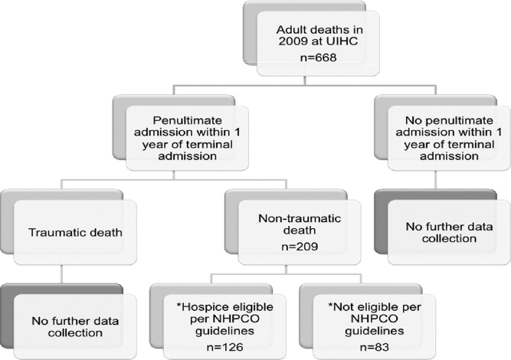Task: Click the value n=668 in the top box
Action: click(x=318, y=57)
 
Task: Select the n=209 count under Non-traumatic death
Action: click(x=300, y=247)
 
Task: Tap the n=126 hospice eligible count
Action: click(x=225, y=347)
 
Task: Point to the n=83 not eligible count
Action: click(x=374, y=347)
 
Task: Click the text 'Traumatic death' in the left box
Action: click(x=75, y=233)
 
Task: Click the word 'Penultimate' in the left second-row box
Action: click(x=187, y=120)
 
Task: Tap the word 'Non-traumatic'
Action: click(x=300, y=218)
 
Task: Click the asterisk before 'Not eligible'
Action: click(x=331, y=306)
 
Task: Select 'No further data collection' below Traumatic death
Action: click(x=75, y=327)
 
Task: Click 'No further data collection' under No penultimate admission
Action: click(x=449, y=233)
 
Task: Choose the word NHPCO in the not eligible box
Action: click(x=374, y=319)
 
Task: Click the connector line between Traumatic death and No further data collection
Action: click(x=61, y=274)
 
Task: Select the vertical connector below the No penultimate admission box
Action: click(x=436, y=180)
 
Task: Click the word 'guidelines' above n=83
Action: click(x=374, y=331)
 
